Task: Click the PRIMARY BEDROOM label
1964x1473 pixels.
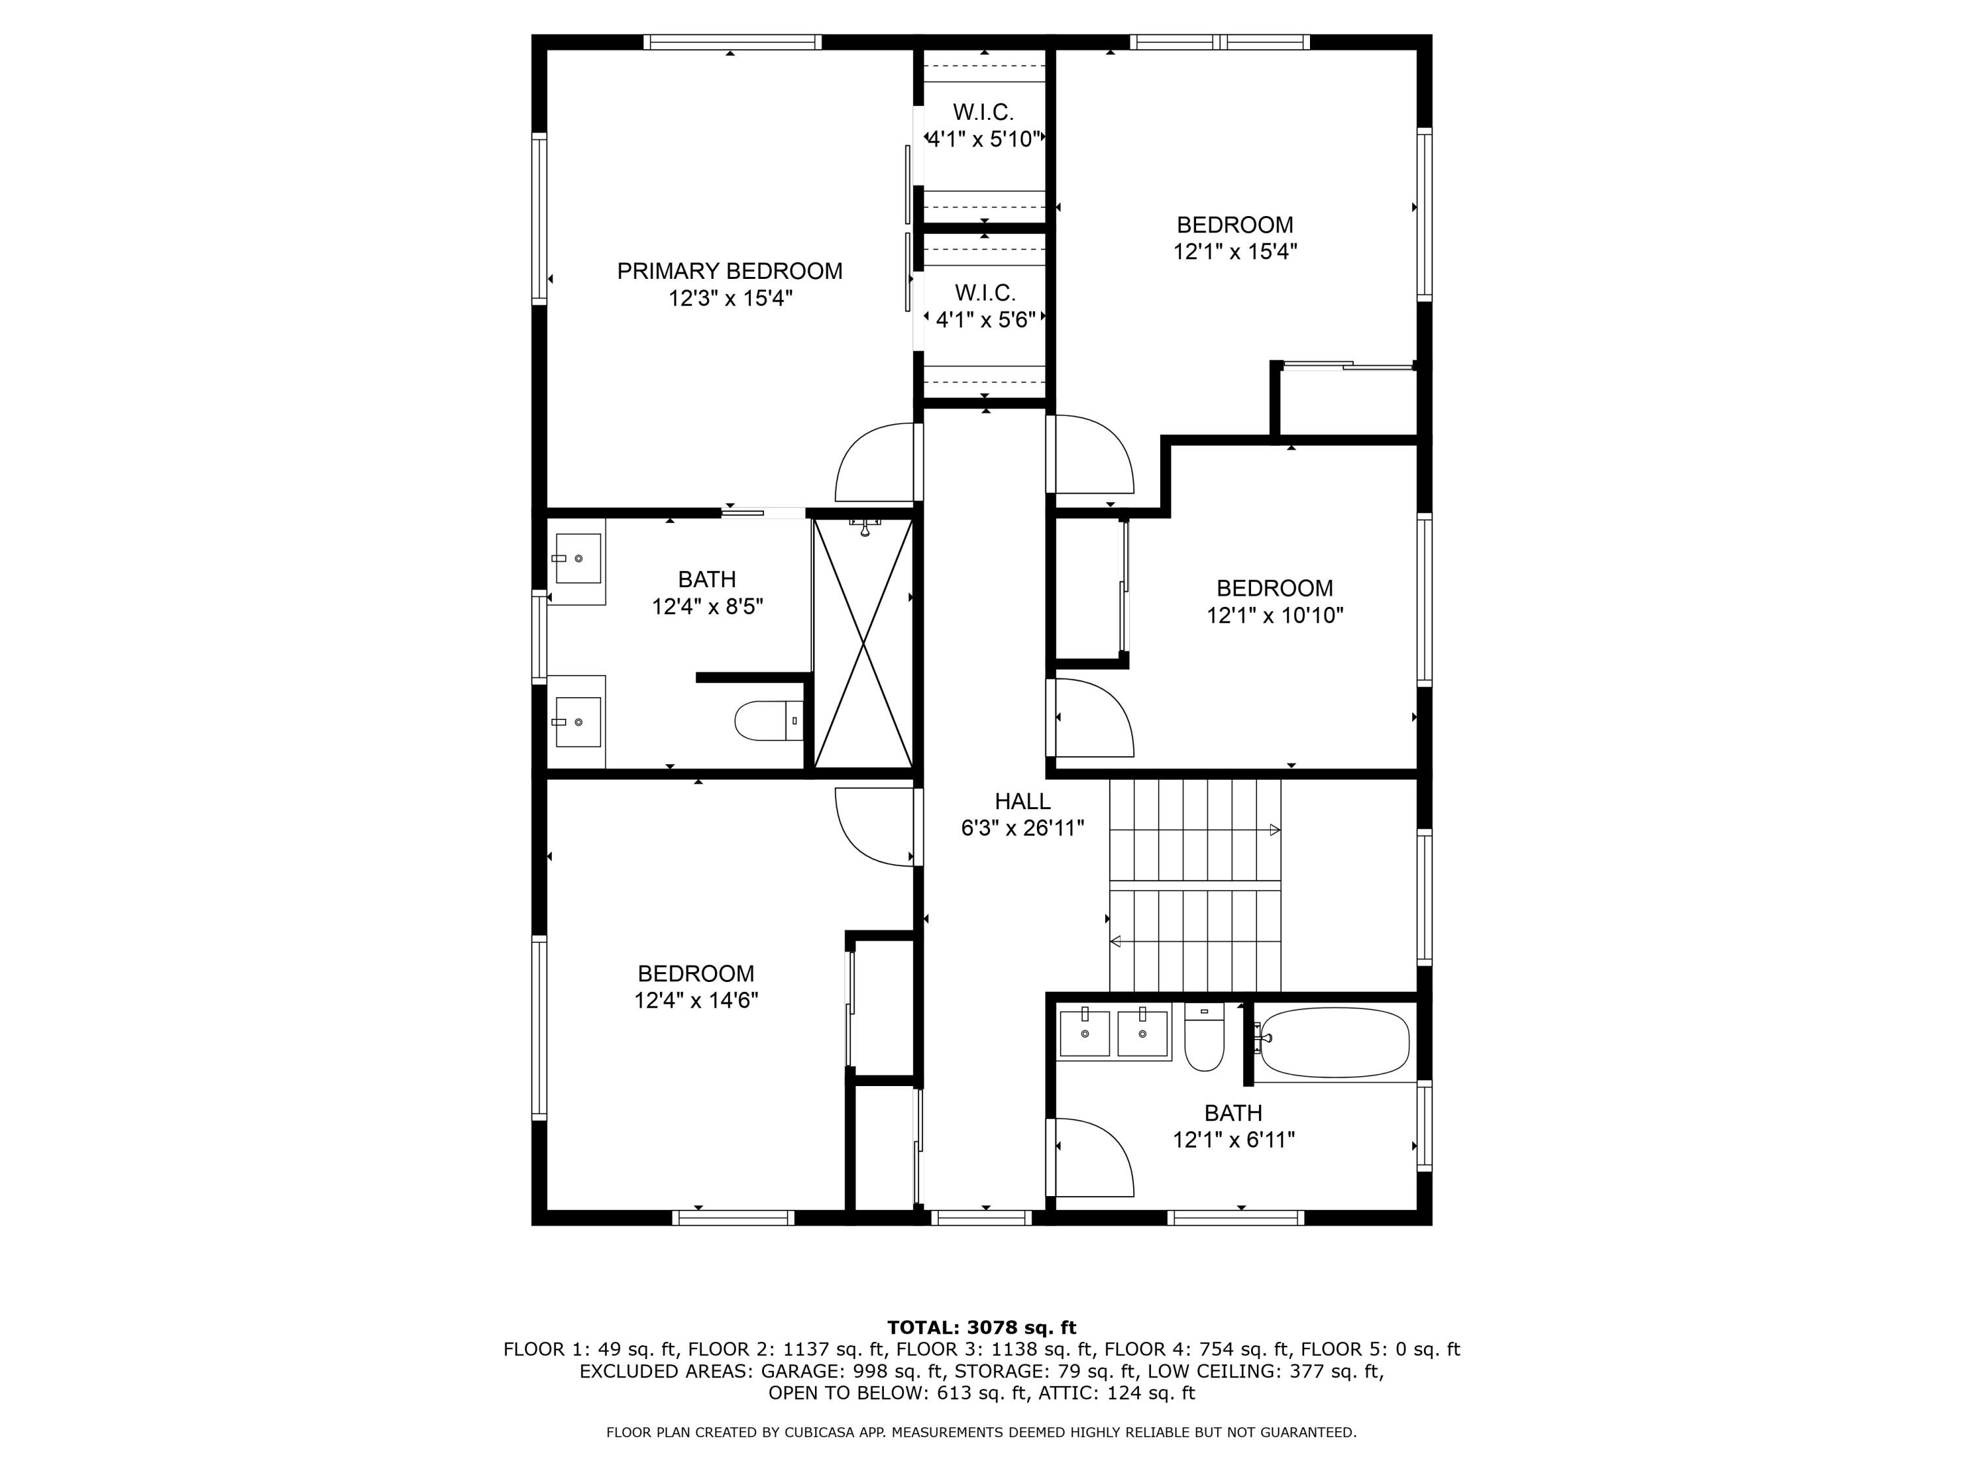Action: pos(730,272)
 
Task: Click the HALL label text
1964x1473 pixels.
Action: pos(1023,801)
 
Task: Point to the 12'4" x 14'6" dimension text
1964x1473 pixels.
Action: pos(696,1000)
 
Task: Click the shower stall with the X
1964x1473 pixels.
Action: pos(863,643)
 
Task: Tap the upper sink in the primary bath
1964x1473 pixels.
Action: pos(578,558)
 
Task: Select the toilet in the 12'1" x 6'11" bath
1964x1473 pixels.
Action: pos(1204,1036)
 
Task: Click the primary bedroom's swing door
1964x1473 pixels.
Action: pos(875,463)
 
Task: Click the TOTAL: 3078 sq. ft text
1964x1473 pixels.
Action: pos(982,1328)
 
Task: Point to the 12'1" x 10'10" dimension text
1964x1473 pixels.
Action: pos(1275,615)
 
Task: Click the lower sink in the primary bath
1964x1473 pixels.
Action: pos(578,721)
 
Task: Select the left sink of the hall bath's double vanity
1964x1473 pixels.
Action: pos(1085,1032)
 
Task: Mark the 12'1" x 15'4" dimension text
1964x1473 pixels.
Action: pos(1235,252)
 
